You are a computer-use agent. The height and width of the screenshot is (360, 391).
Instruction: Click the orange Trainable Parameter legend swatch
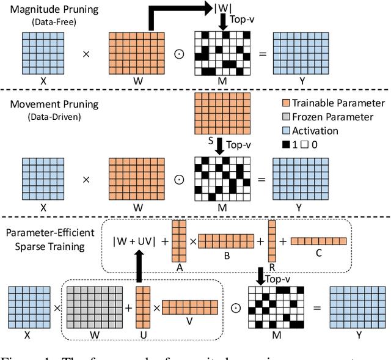(x=285, y=103)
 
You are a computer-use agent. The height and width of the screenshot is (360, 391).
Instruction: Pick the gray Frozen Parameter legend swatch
(x=285, y=117)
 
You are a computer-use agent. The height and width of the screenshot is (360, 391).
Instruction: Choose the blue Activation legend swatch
(x=285, y=131)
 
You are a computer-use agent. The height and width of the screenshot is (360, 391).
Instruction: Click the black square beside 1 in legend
(x=285, y=145)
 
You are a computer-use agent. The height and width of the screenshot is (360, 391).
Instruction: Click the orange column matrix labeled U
(x=142, y=307)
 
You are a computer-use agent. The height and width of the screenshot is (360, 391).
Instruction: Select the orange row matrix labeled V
(x=189, y=307)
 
